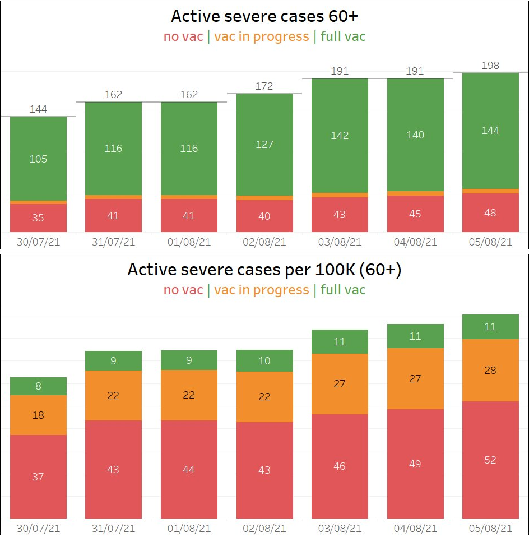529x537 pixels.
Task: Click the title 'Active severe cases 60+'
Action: (x=264, y=16)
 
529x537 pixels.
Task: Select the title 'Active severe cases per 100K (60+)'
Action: (x=264, y=270)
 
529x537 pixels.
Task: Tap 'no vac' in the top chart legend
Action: (x=183, y=37)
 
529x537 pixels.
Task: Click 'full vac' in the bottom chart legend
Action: (x=343, y=290)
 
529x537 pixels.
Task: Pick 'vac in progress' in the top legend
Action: (x=261, y=37)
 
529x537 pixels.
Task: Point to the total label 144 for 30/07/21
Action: (x=38, y=109)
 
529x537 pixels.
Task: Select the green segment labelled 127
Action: (x=264, y=144)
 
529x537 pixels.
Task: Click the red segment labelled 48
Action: (x=490, y=213)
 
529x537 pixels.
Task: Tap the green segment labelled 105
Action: (x=38, y=159)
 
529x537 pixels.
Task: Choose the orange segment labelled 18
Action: (x=38, y=415)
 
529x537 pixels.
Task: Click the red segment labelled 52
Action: (x=490, y=460)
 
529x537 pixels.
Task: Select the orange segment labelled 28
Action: (x=490, y=371)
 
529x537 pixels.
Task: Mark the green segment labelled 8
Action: (x=38, y=386)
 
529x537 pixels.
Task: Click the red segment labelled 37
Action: (x=38, y=476)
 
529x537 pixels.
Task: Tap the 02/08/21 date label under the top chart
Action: (x=264, y=242)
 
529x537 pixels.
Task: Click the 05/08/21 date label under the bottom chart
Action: (x=490, y=529)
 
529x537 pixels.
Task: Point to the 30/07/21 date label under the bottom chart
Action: (x=38, y=529)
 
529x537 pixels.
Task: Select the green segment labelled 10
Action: (x=264, y=361)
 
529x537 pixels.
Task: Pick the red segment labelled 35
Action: (x=38, y=217)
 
